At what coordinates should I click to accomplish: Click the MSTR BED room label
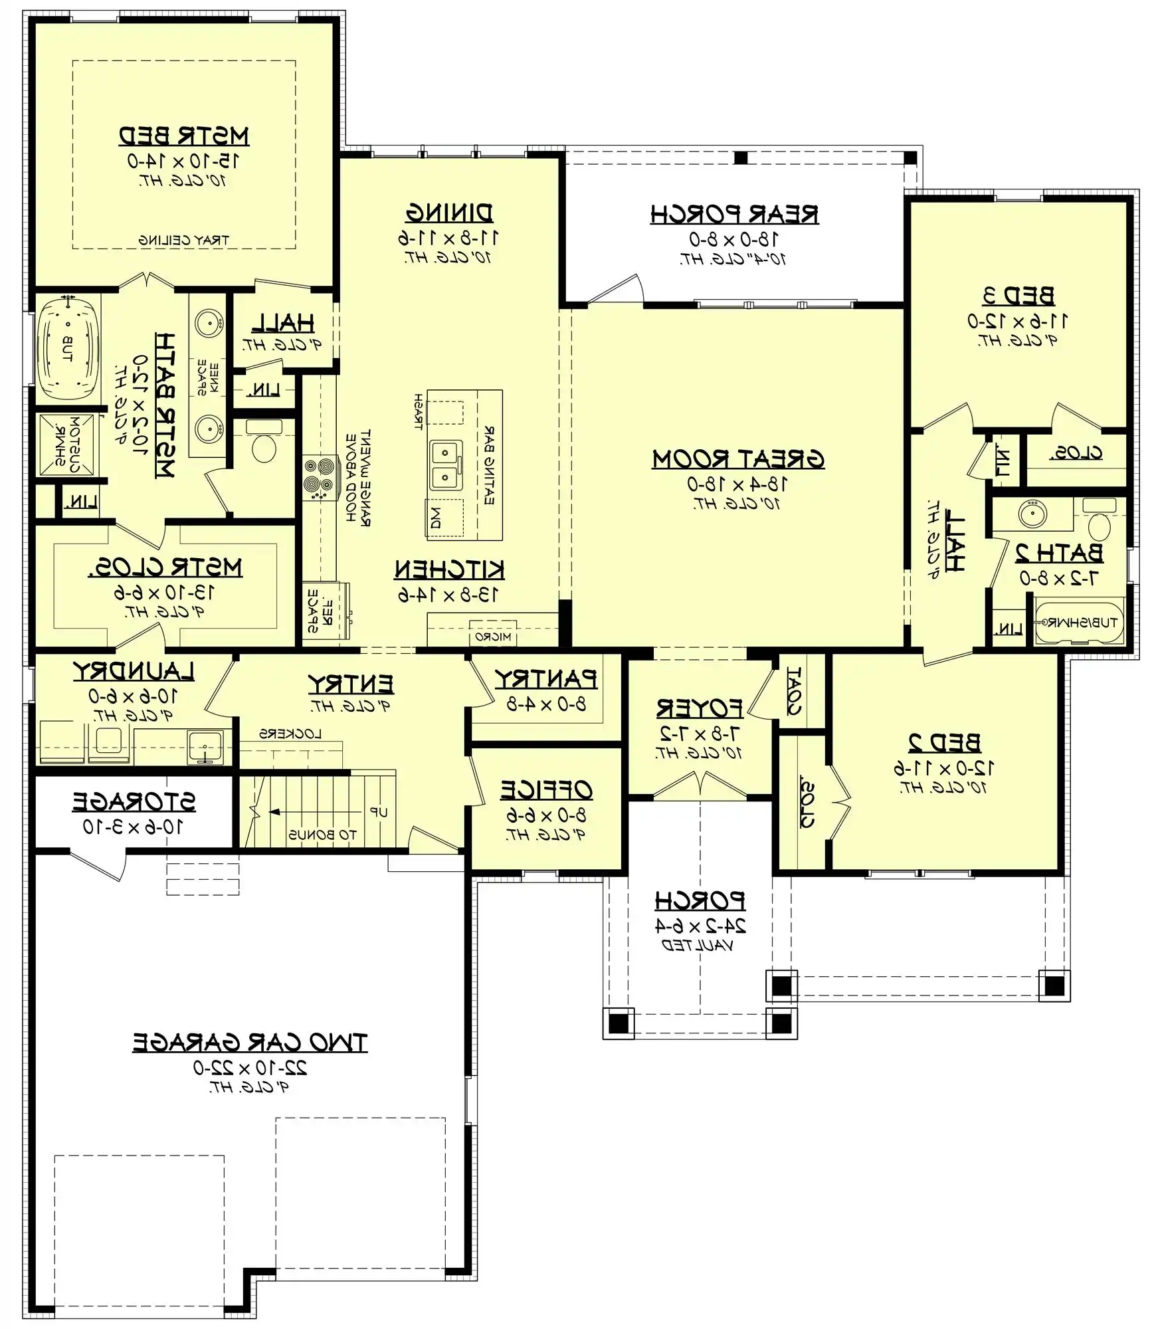pyautogui.click(x=184, y=136)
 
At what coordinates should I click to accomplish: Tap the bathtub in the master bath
pyautogui.click(x=67, y=348)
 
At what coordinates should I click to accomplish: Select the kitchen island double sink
pyautogui.click(x=446, y=465)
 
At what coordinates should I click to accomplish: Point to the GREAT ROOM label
pyautogui.click(x=738, y=459)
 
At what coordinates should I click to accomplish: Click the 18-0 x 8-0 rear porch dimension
pyautogui.click(x=733, y=239)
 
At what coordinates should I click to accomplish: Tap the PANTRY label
pyautogui.click(x=546, y=679)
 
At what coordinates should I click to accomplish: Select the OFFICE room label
pyautogui.click(x=546, y=790)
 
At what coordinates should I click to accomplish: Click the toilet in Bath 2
pyautogui.click(x=1100, y=526)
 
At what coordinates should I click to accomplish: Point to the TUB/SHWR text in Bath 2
pyautogui.click(x=1079, y=623)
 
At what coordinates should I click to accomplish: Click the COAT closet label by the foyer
pyautogui.click(x=795, y=690)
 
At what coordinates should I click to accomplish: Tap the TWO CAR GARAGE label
pyautogui.click(x=249, y=1043)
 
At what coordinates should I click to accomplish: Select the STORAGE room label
pyautogui.click(x=134, y=802)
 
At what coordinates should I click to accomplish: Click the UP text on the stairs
pyautogui.click(x=379, y=812)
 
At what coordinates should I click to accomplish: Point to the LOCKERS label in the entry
pyautogui.click(x=290, y=734)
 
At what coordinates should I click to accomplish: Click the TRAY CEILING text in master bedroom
pyautogui.click(x=183, y=240)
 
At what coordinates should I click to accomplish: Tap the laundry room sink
pyautogui.click(x=205, y=747)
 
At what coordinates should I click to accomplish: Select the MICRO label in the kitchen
pyautogui.click(x=493, y=637)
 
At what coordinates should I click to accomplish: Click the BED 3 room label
pyautogui.click(x=1018, y=296)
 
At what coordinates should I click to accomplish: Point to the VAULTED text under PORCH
pyautogui.click(x=698, y=946)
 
